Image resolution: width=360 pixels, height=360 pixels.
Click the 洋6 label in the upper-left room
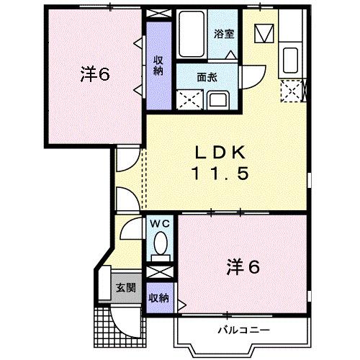[94, 74]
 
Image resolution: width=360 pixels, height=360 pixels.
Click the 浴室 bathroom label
[222, 32]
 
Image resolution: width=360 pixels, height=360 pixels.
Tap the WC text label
[160, 222]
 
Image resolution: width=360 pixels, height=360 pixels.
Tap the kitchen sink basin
[292, 57]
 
